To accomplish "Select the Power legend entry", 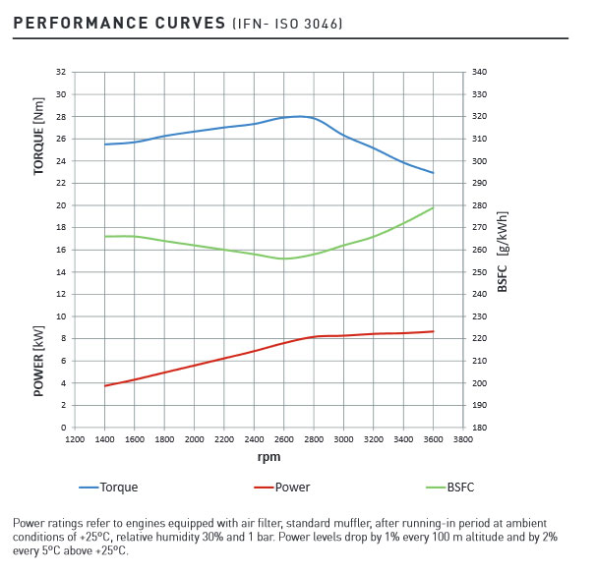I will click(x=292, y=487).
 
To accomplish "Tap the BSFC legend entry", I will click(x=460, y=487).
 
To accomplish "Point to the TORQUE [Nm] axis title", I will click(x=39, y=136).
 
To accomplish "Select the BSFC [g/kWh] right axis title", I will click(x=503, y=251).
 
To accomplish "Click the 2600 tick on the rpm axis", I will click(x=284, y=439).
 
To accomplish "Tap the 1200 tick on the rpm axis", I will click(x=75, y=439).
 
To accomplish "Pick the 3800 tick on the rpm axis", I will click(x=462, y=439).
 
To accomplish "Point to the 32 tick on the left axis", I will click(x=61, y=73).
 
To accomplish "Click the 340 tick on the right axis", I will click(x=479, y=73).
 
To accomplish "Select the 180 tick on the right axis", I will click(x=479, y=428).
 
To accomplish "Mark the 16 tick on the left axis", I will click(x=61, y=250).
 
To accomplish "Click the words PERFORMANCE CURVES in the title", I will click(x=120, y=22).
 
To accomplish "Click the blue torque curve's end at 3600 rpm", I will click(x=433, y=173).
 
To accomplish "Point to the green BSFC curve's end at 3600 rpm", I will click(x=433, y=207).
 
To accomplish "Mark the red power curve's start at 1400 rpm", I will click(x=105, y=385).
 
